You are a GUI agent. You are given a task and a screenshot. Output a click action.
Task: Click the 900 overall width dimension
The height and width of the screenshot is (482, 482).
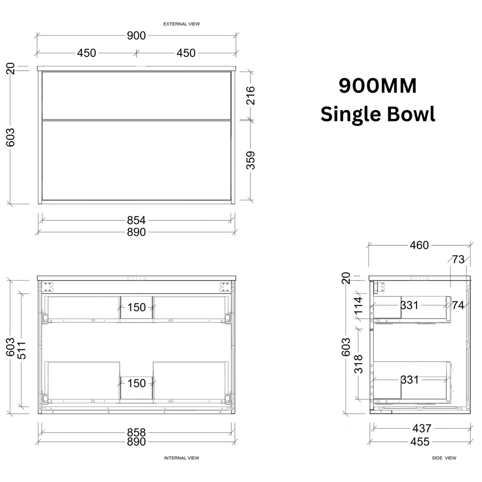tap(137, 36)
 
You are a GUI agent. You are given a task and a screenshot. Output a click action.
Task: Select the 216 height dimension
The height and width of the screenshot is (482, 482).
tap(251, 96)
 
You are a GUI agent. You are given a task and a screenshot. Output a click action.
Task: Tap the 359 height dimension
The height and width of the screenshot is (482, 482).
tap(251, 160)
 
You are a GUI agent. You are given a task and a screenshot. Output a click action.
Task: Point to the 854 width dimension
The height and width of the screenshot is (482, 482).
tap(137, 220)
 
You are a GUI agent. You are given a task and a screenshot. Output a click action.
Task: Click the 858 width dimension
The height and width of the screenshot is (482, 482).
tap(137, 433)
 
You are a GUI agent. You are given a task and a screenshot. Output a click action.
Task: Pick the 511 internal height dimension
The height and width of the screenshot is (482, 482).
tap(22, 350)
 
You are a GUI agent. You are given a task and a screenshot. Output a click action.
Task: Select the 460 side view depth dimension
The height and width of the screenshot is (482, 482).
tap(419, 245)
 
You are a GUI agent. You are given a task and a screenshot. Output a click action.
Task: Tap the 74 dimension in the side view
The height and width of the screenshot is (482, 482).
tap(458, 305)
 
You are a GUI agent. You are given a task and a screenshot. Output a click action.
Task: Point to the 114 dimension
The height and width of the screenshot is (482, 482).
tap(359, 305)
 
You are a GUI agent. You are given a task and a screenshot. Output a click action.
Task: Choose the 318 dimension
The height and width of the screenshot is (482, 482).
tap(359, 364)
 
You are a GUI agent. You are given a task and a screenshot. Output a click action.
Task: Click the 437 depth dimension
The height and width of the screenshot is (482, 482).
tap(422, 428)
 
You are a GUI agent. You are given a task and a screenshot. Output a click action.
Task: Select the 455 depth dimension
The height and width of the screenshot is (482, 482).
tap(420, 442)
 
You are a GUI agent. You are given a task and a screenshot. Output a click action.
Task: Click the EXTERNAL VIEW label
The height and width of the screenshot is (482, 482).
tap(181, 24)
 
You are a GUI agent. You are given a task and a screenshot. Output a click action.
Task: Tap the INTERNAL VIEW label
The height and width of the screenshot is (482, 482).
tap(181, 458)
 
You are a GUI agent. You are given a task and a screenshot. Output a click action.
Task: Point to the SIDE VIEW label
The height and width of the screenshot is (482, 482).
tap(444, 458)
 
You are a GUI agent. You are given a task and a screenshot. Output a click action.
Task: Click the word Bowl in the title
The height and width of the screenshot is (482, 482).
tap(411, 114)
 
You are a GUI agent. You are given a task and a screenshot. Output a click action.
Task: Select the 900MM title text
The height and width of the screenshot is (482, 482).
tap(378, 86)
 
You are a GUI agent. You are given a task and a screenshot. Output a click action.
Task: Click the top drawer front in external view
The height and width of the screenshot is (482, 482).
tap(137, 96)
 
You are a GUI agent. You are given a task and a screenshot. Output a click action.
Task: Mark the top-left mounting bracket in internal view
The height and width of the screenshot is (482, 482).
tap(48, 287)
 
